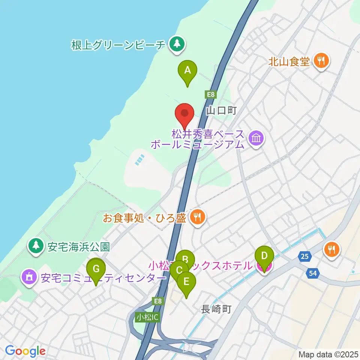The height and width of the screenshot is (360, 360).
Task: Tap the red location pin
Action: [184, 113]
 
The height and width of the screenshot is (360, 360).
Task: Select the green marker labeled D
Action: [264, 256]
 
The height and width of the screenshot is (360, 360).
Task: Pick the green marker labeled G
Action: [96, 269]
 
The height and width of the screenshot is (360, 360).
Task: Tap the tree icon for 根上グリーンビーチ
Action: [175, 45]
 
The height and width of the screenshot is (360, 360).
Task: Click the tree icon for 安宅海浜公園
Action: [36, 246]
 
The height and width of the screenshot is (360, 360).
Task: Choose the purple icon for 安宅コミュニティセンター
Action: [29, 277]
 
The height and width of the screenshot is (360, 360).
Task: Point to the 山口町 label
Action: [221, 111]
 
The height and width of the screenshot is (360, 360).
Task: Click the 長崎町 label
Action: [216, 309]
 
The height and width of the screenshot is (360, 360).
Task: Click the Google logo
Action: [25, 351]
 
